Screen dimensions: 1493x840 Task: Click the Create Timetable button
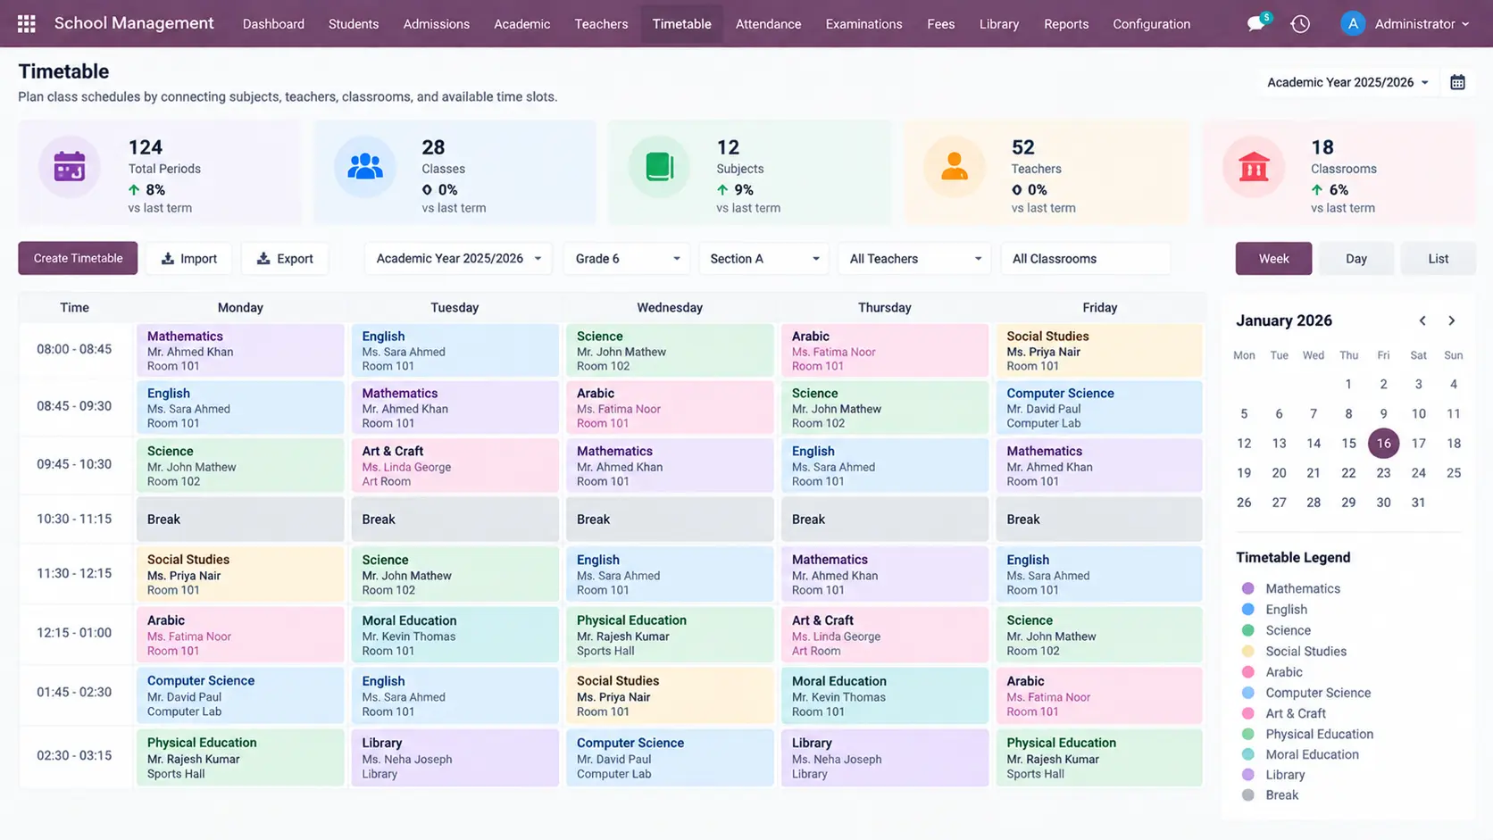tap(78, 259)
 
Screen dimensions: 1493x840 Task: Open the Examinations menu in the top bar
tap(863, 24)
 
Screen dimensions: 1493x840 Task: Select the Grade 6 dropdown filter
tap(627, 259)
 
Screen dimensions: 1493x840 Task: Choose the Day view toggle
tap(1355, 259)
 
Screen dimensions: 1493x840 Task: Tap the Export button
tap(285, 259)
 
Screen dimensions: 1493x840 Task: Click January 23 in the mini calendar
tap(1384, 473)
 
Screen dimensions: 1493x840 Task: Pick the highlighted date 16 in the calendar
tap(1384, 444)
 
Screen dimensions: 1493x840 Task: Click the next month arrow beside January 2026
tap(1451, 321)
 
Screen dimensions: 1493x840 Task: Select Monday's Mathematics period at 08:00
tap(240, 351)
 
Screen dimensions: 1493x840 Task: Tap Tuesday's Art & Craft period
tap(455, 466)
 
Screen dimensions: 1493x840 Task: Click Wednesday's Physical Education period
tap(670, 635)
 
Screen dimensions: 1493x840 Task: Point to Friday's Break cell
tap(1099, 519)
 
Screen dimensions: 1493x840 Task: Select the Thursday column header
tap(885, 308)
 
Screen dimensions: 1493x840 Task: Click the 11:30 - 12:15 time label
tap(74, 574)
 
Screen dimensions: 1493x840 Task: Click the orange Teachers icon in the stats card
tap(954, 167)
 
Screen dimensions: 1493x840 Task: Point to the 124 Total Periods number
tap(146, 147)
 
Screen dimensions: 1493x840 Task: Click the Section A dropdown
tap(763, 259)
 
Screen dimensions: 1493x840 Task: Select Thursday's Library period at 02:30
tap(885, 758)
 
